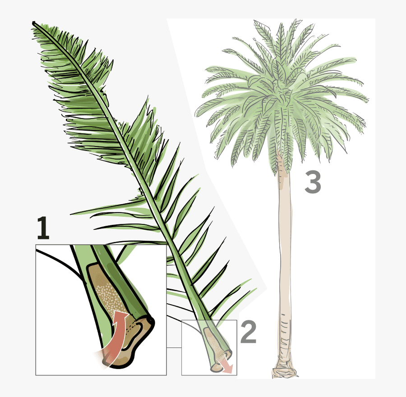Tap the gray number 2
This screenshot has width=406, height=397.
(x=248, y=332)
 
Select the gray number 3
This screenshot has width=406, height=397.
(x=313, y=182)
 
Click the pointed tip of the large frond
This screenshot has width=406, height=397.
(x=34, y=23)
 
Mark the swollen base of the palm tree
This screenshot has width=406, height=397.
(x=284, y=372)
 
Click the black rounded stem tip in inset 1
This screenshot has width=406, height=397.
(x=149, y=321)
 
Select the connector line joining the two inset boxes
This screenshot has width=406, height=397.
(x=174, y=347)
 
